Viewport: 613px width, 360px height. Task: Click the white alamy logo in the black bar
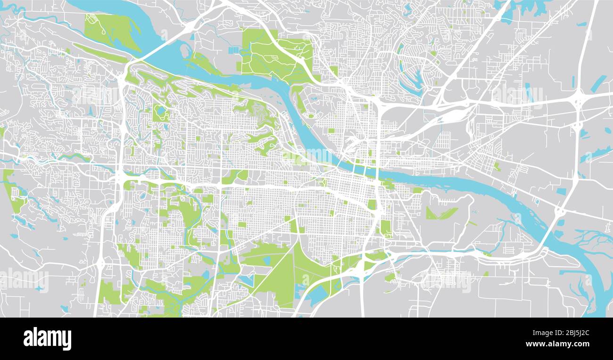(x=47, y=339)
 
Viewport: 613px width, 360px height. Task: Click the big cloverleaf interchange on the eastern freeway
(x=578, y=100)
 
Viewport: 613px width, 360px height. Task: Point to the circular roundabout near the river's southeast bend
(x=560, y=212)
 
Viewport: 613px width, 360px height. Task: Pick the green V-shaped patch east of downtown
(x=440, y=213)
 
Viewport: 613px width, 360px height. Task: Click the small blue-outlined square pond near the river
(x=537, y=201)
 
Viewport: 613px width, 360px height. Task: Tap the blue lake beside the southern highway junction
(x=316, y=295)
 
